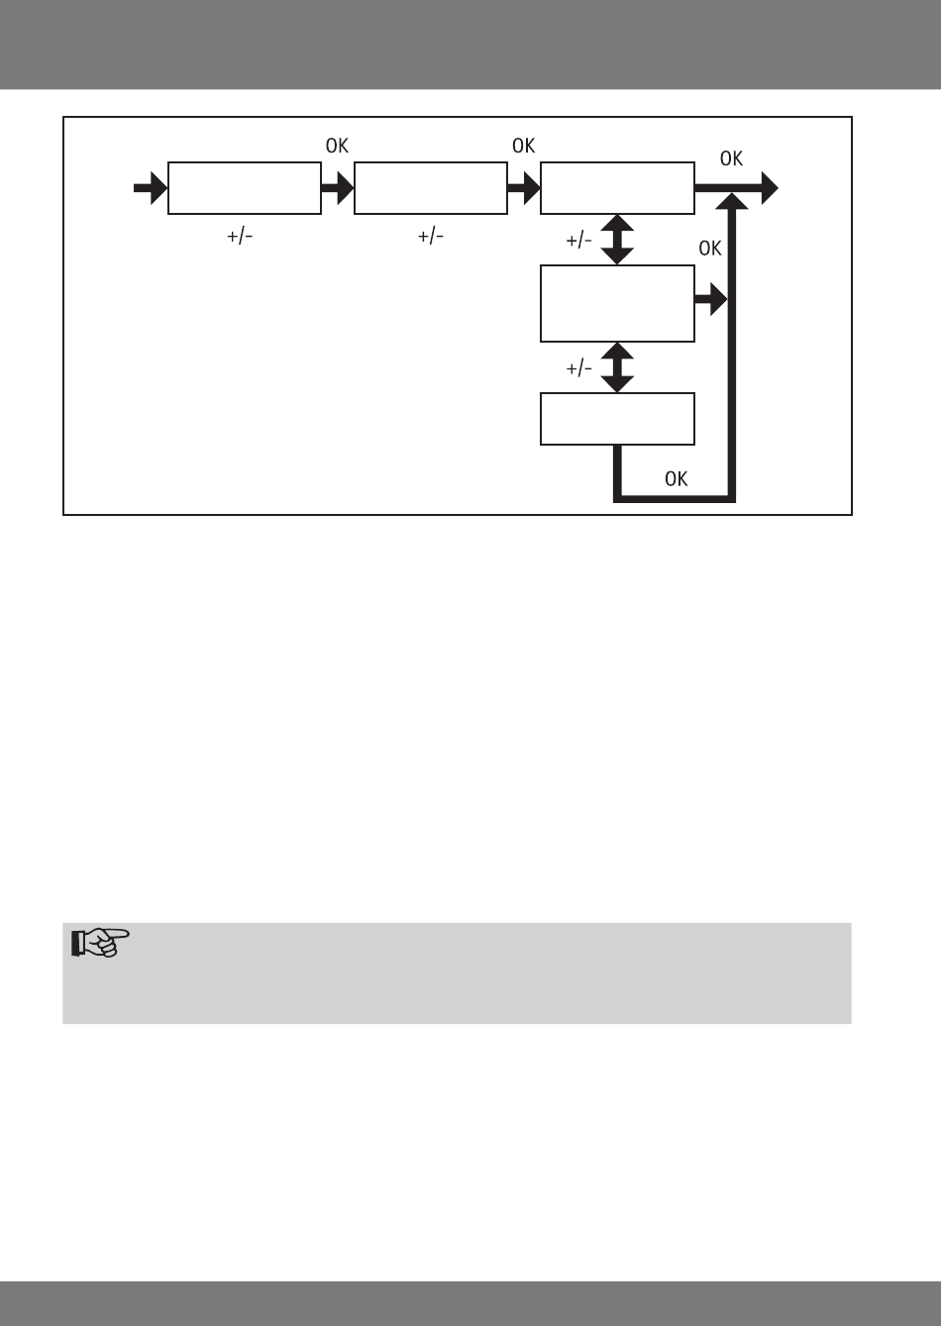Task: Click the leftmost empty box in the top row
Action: coord(244,188)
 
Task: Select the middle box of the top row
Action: coord(430,188)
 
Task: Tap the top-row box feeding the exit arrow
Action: coord(616,188)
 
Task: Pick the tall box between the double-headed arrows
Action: coord(616,303)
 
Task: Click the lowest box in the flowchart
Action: coord(616,419)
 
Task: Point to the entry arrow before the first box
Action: coord(151,188)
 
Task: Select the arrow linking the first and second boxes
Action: coord(337,188)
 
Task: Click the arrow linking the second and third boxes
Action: coord(523,188)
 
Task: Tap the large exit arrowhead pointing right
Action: coord(767,188)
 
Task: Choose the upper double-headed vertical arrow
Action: coord(617,239)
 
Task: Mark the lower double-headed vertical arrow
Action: coord(617,367)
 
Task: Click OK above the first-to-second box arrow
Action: coord(337,146)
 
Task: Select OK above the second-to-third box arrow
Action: coord(523,146)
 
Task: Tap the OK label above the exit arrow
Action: coord(731,158)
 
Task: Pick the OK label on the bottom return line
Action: coord(676,479)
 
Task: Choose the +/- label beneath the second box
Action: coord(430,237)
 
